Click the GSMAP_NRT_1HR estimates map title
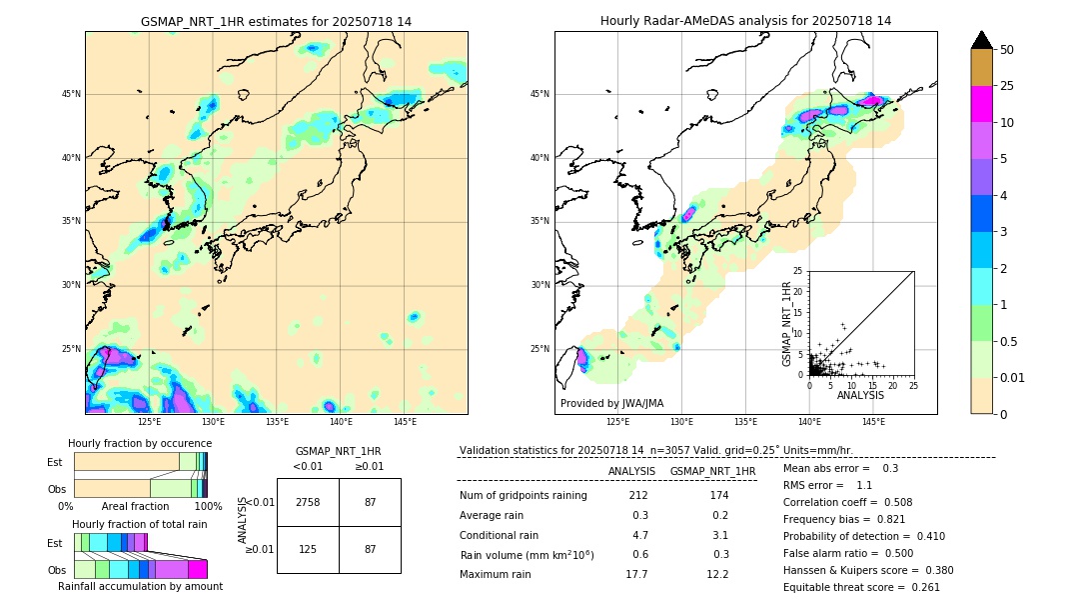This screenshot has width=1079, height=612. pyautogui.click(x=276, y=21)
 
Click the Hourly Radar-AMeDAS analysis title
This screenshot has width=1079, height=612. pyautogui.click(x=745, y=21)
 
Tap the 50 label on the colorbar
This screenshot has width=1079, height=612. pyautogui.click(x=1007, y=50)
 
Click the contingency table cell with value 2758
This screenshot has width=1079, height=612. pyautogui.click(x=308, y=502)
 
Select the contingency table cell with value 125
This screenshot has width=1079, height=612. pyautogui.click(x=308, y=549)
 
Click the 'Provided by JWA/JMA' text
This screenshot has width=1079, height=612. pyautogui.click(x=611, y=403)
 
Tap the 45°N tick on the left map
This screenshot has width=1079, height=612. pyautogui.click(x=71, y=94)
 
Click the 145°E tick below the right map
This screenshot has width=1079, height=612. pyautogui.click(x=873, y=422)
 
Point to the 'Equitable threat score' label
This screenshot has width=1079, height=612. pyautogui.click(x=846, y=587)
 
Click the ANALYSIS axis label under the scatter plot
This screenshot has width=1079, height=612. pyautogui.click(x=859, y=395)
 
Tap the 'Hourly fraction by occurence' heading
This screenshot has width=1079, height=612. pyautogui.click(x=139, y=443)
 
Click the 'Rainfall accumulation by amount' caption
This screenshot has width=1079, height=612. pyautogui.click(x=140, y=586)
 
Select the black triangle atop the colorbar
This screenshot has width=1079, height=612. pyautogui.click(x=982, y=40)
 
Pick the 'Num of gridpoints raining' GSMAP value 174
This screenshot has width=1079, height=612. pyautogui.click(x=718, y=495)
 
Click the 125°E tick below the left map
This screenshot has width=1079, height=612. pyautogui.click(x=149, y=422)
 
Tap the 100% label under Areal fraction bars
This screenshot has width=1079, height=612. pyautogui.click(x=207, y=507)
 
